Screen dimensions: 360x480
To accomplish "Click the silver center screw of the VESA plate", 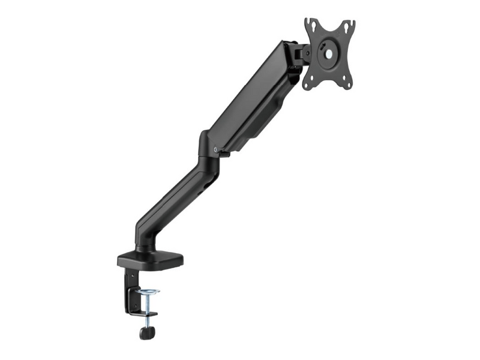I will pos(328,52).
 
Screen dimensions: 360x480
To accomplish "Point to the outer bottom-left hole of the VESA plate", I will pos(307,85).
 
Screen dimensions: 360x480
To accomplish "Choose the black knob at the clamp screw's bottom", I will pos(146,332).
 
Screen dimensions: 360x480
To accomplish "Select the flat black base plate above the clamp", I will pos(150,259).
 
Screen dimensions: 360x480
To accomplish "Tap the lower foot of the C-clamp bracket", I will pos(144,313).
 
